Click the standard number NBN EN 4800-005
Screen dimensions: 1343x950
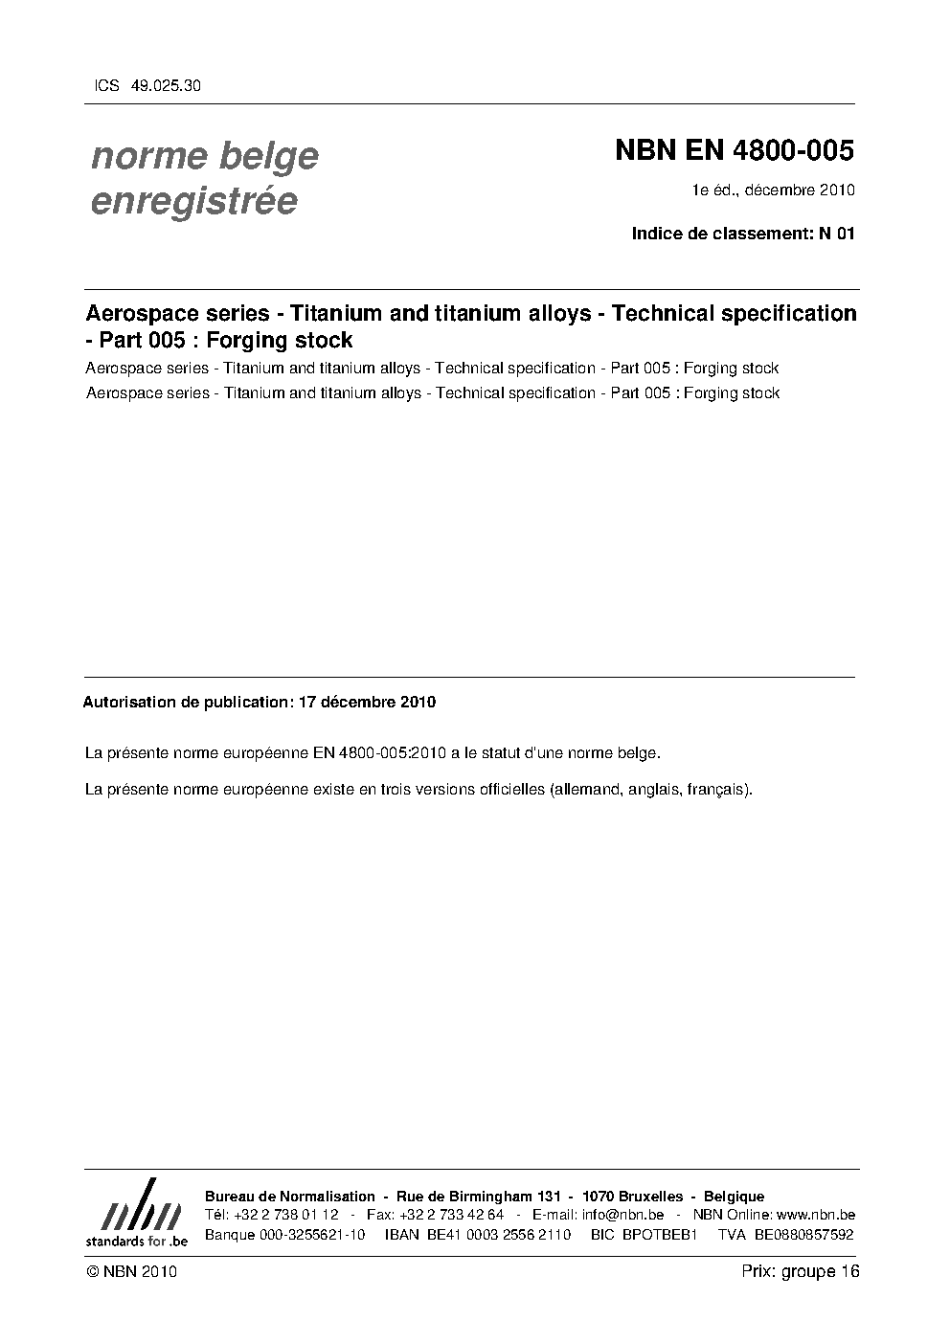[x=734, y=151]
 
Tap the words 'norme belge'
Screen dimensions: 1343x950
[x=204, y=156]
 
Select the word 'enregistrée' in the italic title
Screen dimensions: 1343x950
[x=192, y=201]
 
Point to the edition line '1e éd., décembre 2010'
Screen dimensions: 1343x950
[x=774, y=190]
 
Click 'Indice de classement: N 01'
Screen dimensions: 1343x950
[x=743, y=233]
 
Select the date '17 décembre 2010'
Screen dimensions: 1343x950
[x=367, y=702]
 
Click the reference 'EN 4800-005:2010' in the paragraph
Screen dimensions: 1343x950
[x=375, y=753]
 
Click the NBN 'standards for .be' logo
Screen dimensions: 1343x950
[x=136, y=1213]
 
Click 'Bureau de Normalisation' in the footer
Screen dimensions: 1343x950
[x=290, y=1196]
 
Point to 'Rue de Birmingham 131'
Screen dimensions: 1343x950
[x=477, y=1196]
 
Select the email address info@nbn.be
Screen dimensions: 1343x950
[x=622, y=1215]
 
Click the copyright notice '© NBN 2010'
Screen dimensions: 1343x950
[x=131, y=1271]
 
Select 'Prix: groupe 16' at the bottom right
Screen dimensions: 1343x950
[x=800, y=1271]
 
